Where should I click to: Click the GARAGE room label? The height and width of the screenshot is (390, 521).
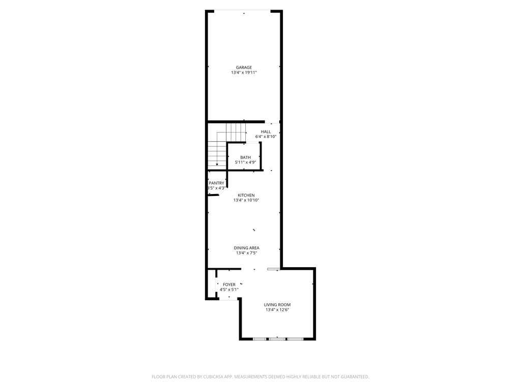point(244,68)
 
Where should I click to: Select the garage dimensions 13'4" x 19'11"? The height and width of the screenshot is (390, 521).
point(244,73)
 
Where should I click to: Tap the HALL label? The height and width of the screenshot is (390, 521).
point(266,132)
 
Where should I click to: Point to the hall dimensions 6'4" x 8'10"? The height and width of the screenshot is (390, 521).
point(266,137)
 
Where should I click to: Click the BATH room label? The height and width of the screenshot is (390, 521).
point(245,157)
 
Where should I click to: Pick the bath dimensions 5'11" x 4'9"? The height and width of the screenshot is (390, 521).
point(245,162)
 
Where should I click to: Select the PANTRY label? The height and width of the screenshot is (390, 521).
point(216,183)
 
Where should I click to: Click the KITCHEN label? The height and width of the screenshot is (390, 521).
point(246,196)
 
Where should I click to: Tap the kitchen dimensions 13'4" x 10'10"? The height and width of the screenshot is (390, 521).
point(246,201)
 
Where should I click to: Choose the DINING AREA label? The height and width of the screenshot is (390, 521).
point(246,248)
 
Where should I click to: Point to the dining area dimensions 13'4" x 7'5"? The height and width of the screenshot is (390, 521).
point(246,253)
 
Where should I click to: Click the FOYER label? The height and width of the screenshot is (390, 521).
point(229,284)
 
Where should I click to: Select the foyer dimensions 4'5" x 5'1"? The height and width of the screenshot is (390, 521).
point(229,289)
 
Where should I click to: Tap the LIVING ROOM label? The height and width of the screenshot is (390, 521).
point(277,305)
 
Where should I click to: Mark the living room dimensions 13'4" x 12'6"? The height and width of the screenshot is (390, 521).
point(277,310)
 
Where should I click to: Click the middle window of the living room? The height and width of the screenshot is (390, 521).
point(277,338)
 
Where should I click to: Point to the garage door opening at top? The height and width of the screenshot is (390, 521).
point(244,11)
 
